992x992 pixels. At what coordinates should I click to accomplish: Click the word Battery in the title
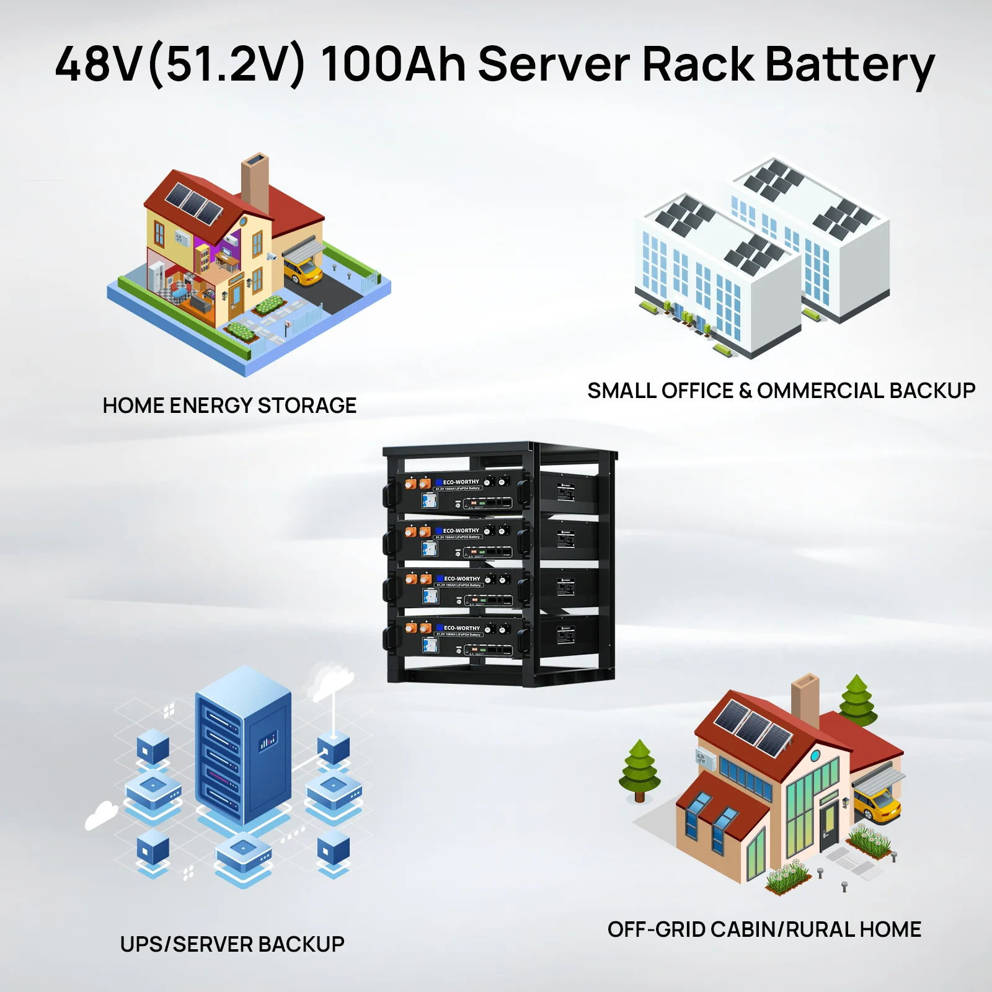[x=849, y=65]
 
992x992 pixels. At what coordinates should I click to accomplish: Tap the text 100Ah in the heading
[x=392, y=64]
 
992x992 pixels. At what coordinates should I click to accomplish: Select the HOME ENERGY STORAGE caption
[x=229, y=405]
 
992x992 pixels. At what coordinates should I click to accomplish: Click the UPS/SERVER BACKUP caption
[x=232, y=944]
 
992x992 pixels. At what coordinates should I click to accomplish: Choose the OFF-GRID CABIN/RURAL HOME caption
[x=764, y=929]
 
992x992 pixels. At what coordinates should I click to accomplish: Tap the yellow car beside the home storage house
[x=303, y=270]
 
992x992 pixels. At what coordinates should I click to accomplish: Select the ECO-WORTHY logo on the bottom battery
[x=461, y=628]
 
